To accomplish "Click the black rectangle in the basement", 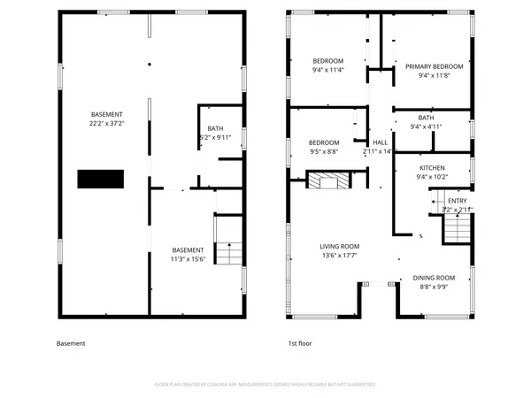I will pyautogui.click(x=98, y=179).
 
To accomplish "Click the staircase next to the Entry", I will pyautogui.click(x=455, y=232).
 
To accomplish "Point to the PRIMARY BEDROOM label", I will pyautogui.click(x=434, y=66).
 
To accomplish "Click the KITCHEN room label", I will pyautogui.click(x=432, y=167).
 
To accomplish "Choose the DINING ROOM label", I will pyautogui.click(x=434, y=279).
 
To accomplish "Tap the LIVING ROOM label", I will pyautogui.click(x=339, y=247).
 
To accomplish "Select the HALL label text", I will pyautogui.click(x=380, y=142).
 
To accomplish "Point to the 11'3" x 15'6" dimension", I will pyautogui.click(x=188, y=259).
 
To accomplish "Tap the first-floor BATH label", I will pyautogui.click(x=426, y=118).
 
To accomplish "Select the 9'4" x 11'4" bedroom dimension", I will pyautogui.click(x=327, y=70).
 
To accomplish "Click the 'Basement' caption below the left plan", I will pyautogui.click(x=71, y=343).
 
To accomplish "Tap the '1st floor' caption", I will pyautogui.click(x=299, y=343).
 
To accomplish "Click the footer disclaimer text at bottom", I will pyautogui.click(x=265, y=385).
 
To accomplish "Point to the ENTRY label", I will pyautogui.click(x=457, y=201).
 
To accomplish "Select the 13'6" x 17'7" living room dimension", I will pyautogui.click(x=339, y=256).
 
